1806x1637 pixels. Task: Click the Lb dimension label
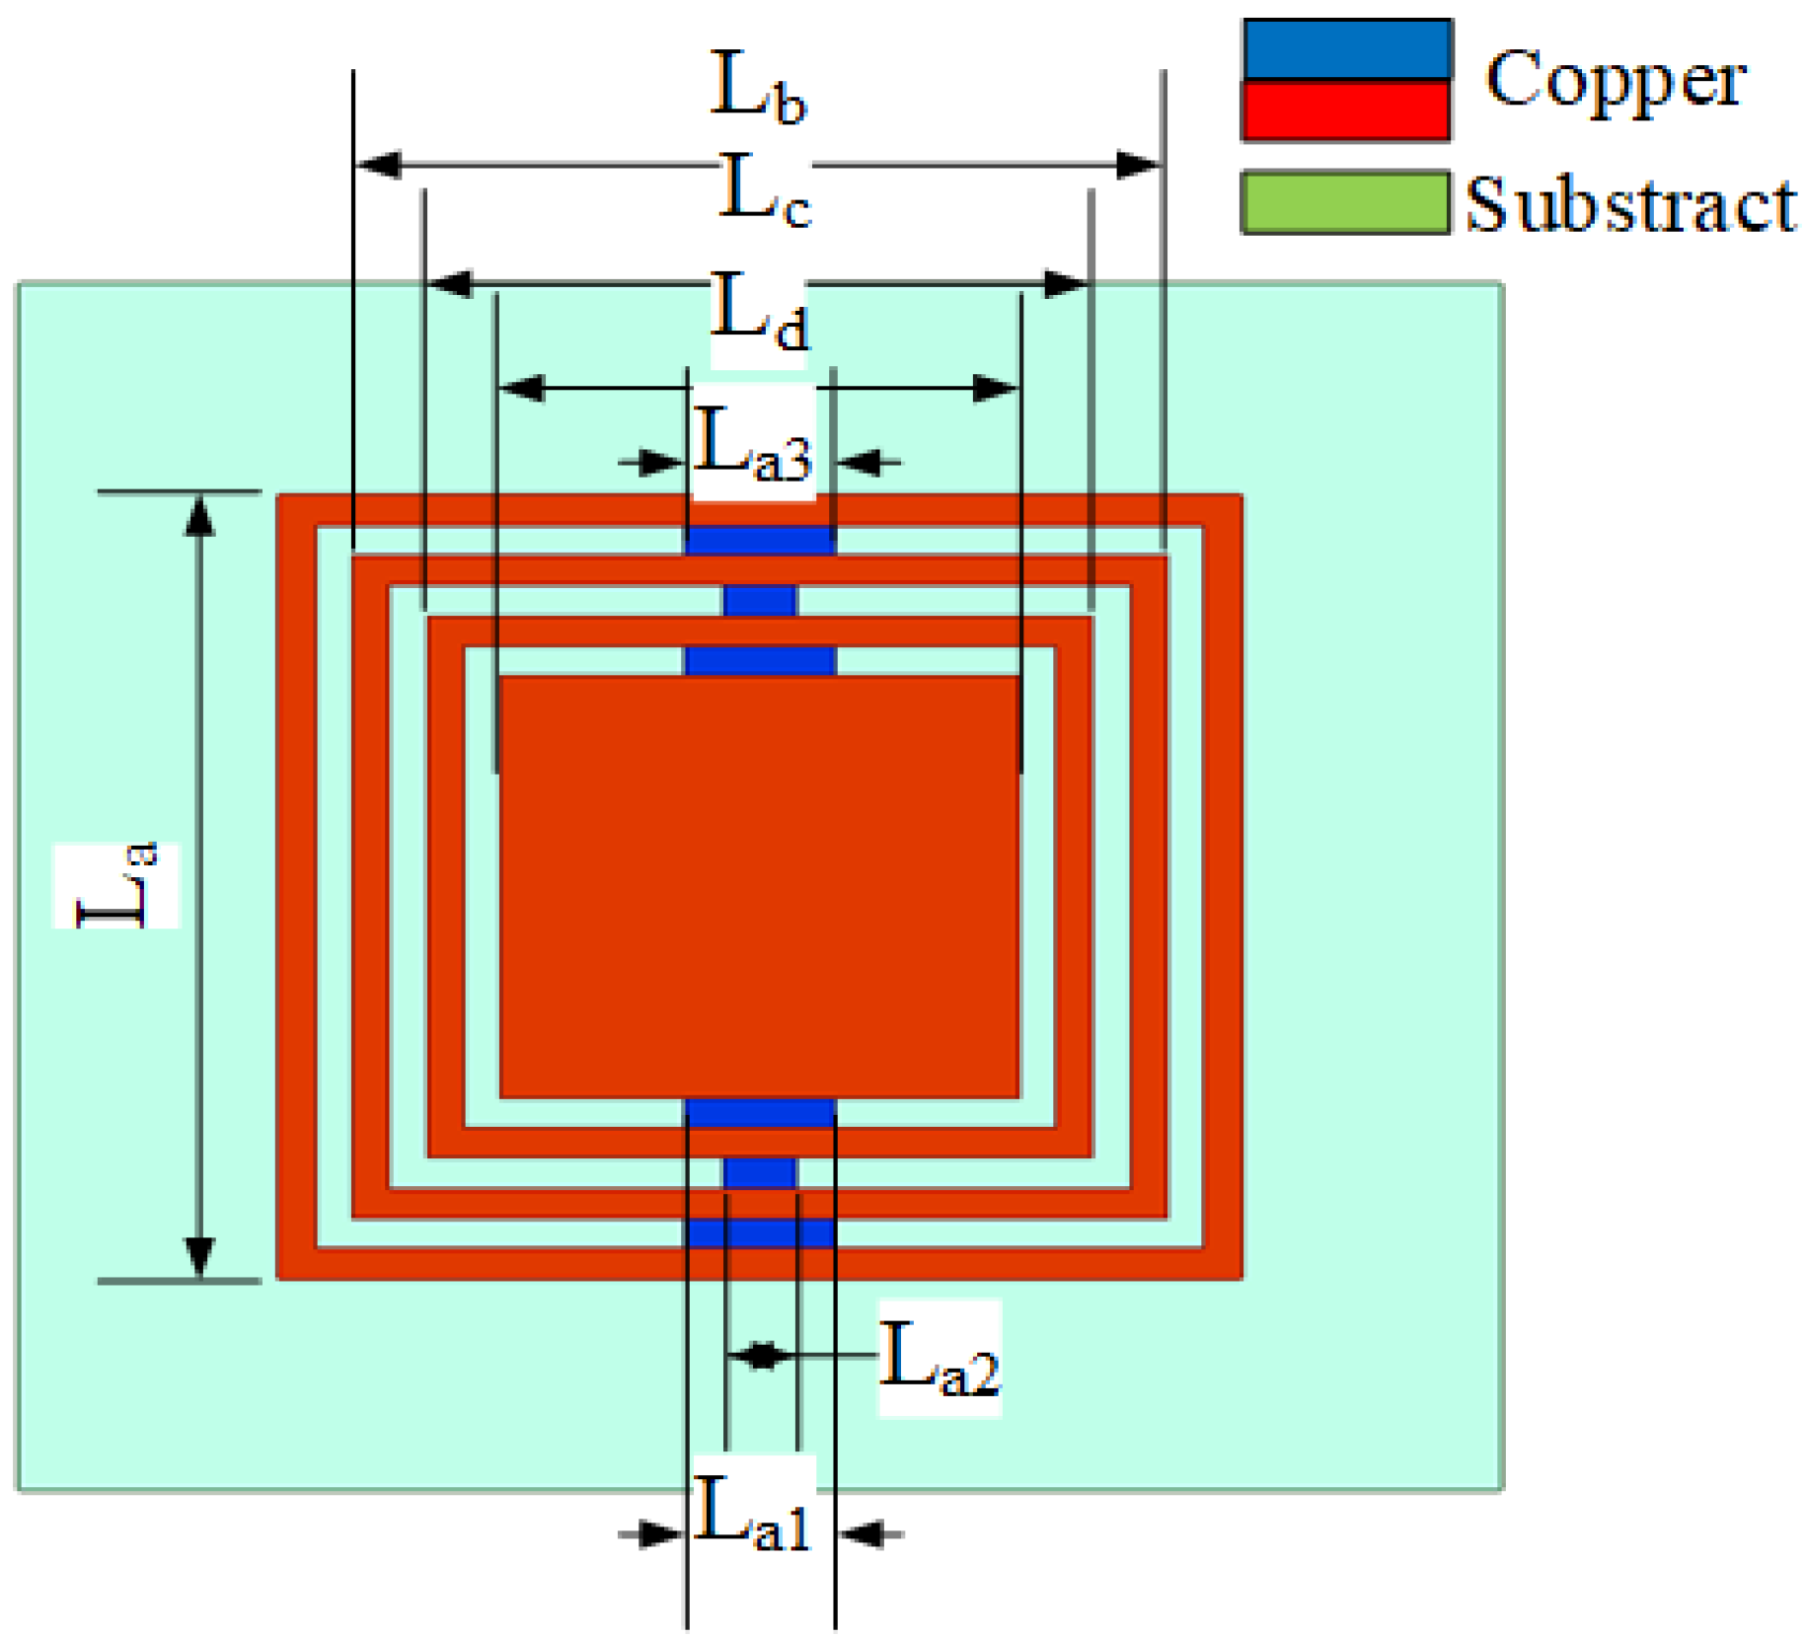pyautogui.click(x=758, y=89)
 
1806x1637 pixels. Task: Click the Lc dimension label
pyautogui.click(x=765, y=191)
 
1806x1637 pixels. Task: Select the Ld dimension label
pyautogui.click(x=759, y=314)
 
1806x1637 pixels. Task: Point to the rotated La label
pyautogui.click(x=116, y=885)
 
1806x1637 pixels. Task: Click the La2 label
pyautogui.click(x=940, y=1359)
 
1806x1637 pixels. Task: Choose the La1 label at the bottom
pyautogui.click(x=753, y=1517)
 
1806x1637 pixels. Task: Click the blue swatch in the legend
pyautogui.click(x=1346, y=49)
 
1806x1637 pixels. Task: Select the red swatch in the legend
pyautogui.click(x=1346, y=110)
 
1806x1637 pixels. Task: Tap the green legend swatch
pyautogui.click(x=1346, y=202)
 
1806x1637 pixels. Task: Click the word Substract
pyautogui.click(x=1629, y=205)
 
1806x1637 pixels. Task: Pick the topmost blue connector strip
pyautogui.click(x=760, y=540)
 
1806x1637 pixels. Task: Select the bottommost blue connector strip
pyautogui.click(x=760, y=1232)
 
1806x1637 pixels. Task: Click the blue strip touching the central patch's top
pyautogui.click(x=760, y=660)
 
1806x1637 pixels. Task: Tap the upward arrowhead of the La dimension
pyautogui.click(x=200, y=515)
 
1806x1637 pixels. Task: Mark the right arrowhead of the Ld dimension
pyautogui.click(x=995, y=388)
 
